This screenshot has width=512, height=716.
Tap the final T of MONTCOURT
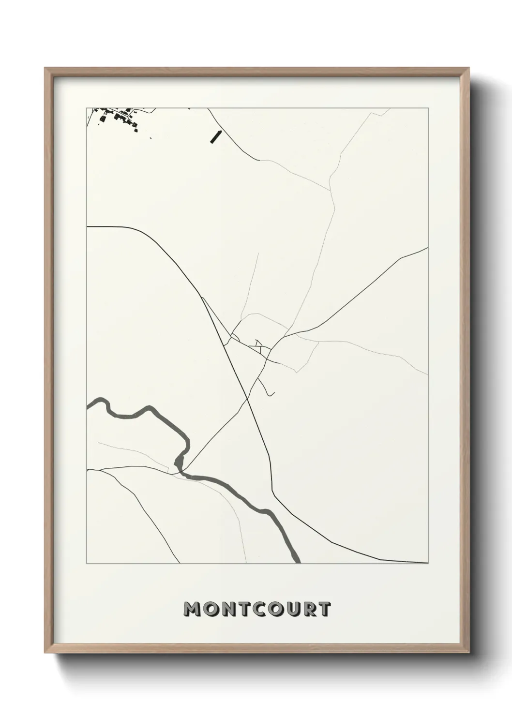(324, 609)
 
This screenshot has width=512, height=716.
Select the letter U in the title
(292, 609)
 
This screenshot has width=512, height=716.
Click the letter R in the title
(309, 609)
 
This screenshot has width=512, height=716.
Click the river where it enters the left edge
(89, 405)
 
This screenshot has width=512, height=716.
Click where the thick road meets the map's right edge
(427, 248)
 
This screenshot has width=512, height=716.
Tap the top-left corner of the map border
(87, 108)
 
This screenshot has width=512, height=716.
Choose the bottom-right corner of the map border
(428, 564)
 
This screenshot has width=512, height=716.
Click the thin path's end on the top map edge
(389, 109)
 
